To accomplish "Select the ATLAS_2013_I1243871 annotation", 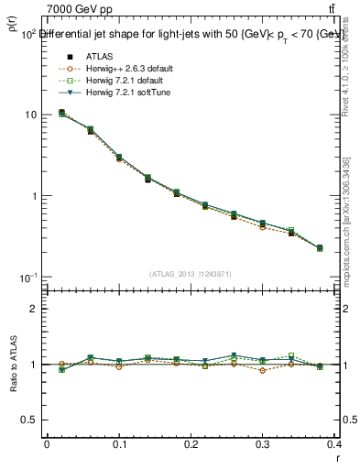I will click(191, 274).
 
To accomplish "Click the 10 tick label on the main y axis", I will click(29, 115).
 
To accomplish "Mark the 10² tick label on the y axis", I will click(27, 33).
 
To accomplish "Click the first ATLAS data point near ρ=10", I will click(61, 113).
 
